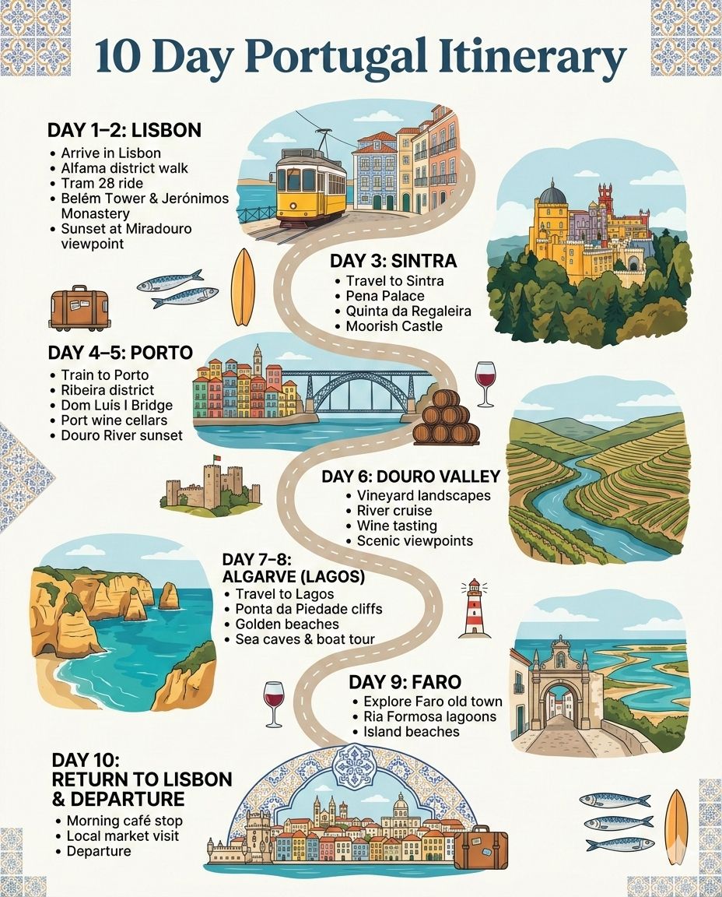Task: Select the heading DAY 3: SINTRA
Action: click(393, 260)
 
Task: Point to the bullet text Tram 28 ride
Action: click(101, 183)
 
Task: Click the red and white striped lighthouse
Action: click(474, 608)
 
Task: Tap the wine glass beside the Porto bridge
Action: click(485, 383)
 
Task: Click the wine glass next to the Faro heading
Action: click(274, 703)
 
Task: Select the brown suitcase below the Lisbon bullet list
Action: click(79, 308)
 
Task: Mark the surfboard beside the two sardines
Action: click(244, 287)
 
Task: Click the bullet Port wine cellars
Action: click(114, 420)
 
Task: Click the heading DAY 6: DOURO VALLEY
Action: click(411, 476)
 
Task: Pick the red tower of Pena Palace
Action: click(605, 204)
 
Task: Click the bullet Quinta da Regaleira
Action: click(408, 311)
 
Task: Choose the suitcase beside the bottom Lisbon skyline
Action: click(481, 850)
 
